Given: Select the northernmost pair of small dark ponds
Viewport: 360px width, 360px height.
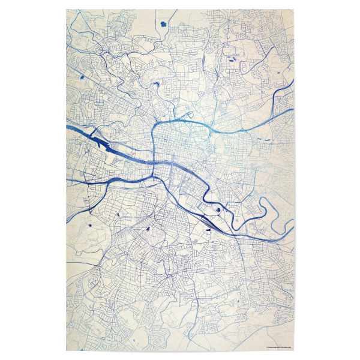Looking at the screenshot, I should pyautogui.click(x=232, y=60).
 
